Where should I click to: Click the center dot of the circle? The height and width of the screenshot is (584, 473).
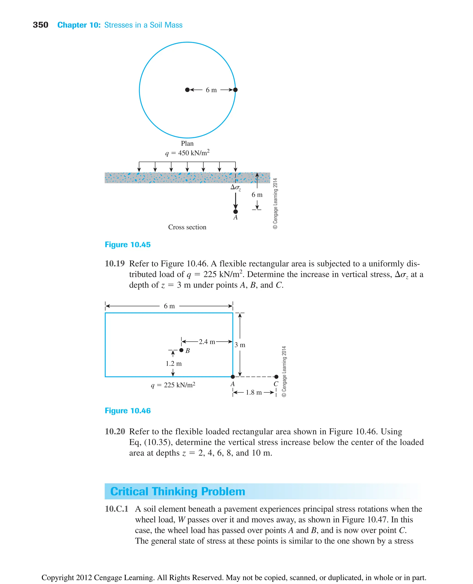click(187, 90)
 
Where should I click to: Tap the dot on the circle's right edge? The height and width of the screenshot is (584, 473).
click(235, 90)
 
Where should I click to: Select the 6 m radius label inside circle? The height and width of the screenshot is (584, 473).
click(211, 90)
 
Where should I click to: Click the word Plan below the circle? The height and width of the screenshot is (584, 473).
click(187, 143)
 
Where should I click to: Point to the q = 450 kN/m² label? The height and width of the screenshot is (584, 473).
click(187, 153)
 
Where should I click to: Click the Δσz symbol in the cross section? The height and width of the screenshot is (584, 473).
click(235, 187)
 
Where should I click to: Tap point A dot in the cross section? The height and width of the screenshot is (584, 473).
click(236, 211)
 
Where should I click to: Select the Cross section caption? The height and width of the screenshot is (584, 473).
click(187, 227)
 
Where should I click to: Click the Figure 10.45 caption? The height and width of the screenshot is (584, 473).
click(127, 245)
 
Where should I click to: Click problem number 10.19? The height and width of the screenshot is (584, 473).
click(115, 264)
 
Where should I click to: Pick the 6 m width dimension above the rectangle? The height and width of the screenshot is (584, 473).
click(169, 306)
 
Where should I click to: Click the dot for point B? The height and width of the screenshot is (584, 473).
click(182, 350)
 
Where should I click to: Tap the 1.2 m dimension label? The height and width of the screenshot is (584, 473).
click(173, 364)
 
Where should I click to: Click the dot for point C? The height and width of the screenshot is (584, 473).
click(276, 377)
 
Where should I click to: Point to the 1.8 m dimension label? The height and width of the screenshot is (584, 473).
click(254, 392)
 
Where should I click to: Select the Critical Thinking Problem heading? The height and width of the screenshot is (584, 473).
click(178, 492)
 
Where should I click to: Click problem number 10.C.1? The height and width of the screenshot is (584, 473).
click(116, 509)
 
